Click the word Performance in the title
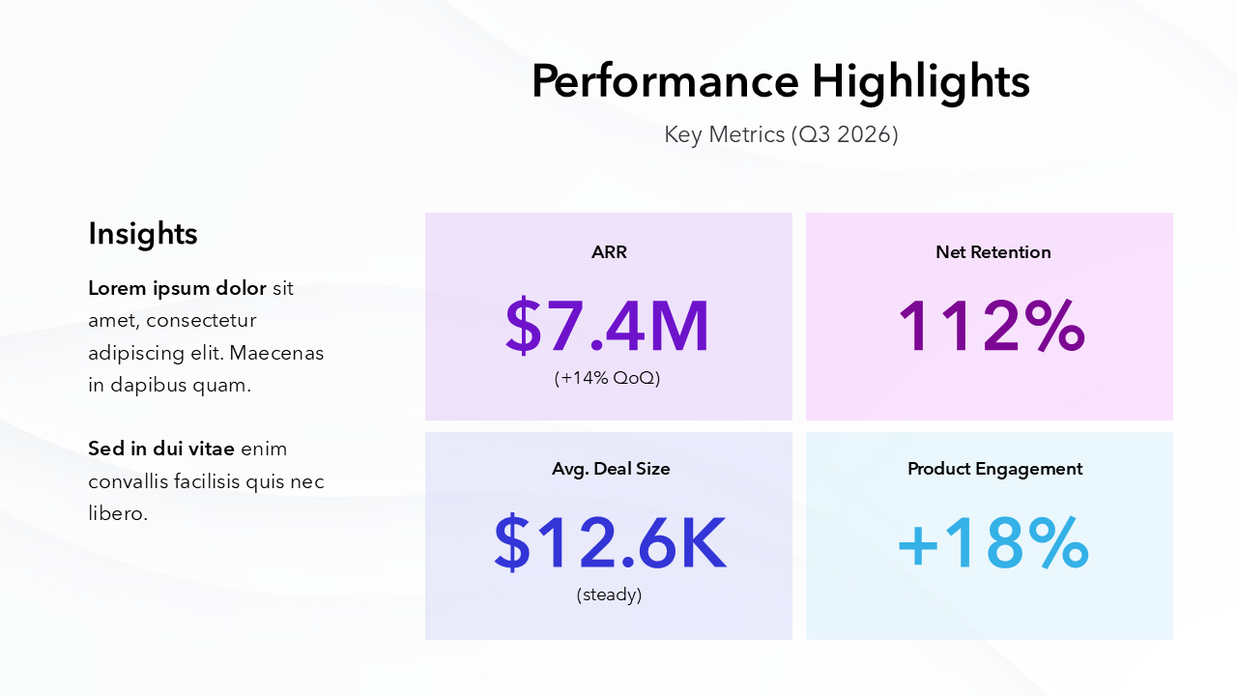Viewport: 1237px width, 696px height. [x=664, y=81]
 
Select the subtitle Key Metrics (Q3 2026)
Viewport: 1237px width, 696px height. [x=781, y=134]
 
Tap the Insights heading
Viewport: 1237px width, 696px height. [x=143, y=234]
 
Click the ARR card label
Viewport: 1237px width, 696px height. [x=609, y=252]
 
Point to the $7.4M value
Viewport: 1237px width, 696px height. [x=608, y=327]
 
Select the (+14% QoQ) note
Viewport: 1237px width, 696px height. [x=608, y=378]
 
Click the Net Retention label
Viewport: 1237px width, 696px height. [x=992, y=252]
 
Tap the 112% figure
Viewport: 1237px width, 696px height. [x=992, y=327]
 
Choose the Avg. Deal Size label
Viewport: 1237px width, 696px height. [x=611, y=469]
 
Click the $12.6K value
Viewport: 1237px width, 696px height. [x=609, y=543]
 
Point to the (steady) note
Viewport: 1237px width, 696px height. [x=609, y=594]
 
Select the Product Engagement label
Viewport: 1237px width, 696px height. [x=994, y=469]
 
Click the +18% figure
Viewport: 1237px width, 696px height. [x=992, y=543]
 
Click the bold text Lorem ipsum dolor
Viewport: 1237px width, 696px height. [x=177, y=288]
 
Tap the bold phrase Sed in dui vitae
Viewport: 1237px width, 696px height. [x=161, y=449]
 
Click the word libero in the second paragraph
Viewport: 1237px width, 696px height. [x=117, y=513]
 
